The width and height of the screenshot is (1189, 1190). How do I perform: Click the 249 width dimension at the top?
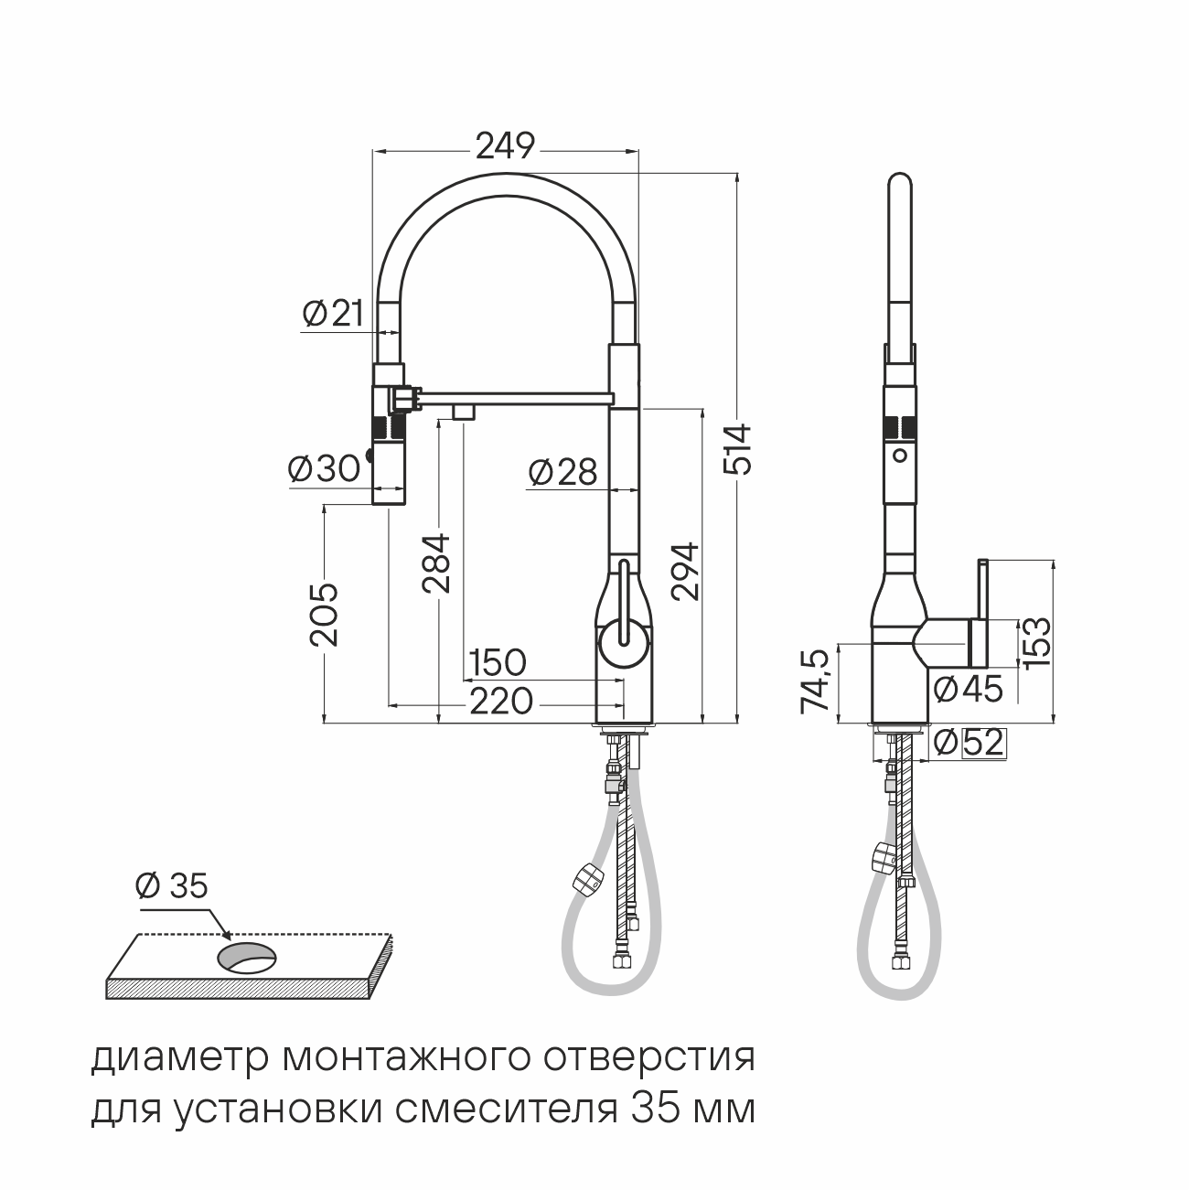[x=505, y=146]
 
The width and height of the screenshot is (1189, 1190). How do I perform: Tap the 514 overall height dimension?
[x=738, y=449]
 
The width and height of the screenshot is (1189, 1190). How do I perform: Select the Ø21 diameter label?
[x=333, y=314]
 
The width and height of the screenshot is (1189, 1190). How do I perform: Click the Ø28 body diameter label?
[x=563, y=473]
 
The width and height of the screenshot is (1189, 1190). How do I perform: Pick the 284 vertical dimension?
[x=436, y=563]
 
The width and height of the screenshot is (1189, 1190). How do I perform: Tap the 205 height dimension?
[x=325, y=615]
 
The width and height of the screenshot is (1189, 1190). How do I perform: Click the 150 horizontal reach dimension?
[x=498, y=662]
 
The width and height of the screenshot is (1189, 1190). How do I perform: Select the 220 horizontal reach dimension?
[x=501, y=702]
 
